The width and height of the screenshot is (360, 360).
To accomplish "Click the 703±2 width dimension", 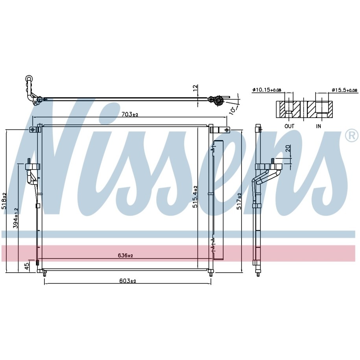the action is coord(130,114).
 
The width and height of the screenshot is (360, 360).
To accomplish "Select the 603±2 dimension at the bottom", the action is coord(127,281).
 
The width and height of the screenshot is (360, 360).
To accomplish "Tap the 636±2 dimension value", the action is coord(126,255).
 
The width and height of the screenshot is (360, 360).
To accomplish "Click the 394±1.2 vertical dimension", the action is coord(16,218).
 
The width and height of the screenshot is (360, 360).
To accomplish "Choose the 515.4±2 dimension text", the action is coord(195,197).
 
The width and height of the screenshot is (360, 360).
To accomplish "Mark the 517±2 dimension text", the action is coord(239,201).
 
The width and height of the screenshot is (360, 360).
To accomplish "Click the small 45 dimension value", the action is coord(27,266).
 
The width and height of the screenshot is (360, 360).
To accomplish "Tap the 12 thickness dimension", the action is coord(195,88).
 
